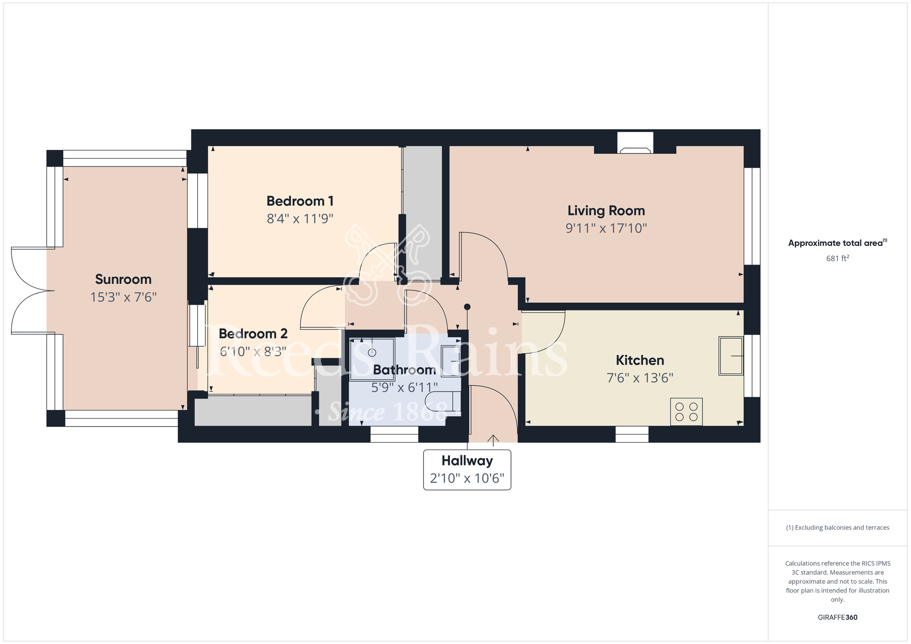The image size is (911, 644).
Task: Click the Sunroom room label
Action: (123, 279)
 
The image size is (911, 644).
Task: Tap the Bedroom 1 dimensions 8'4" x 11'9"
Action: (300, 219)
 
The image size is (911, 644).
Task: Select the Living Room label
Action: (606, 210)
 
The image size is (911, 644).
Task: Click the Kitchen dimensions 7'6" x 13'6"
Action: (640, 378)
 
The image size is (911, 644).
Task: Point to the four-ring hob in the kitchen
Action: (686, 412)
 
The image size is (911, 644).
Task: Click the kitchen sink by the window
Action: (731, 356)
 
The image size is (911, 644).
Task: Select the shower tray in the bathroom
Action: (372, 359)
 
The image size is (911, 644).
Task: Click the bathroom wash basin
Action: (451, 361)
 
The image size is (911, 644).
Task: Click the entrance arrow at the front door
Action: (493, 439)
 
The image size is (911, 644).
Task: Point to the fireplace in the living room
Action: (635, 143)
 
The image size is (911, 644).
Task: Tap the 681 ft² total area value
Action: (838, 258)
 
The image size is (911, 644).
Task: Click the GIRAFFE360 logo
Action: (838, 618)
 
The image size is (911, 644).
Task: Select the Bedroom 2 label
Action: (253, 334)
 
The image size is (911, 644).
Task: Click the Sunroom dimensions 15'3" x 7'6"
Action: (123, 297)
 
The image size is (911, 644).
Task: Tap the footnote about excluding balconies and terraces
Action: (838, 527)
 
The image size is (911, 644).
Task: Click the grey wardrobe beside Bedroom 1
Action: (423, 213)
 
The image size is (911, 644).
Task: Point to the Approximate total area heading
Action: (838, 243)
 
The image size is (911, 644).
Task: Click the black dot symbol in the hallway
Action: (467, 307)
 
